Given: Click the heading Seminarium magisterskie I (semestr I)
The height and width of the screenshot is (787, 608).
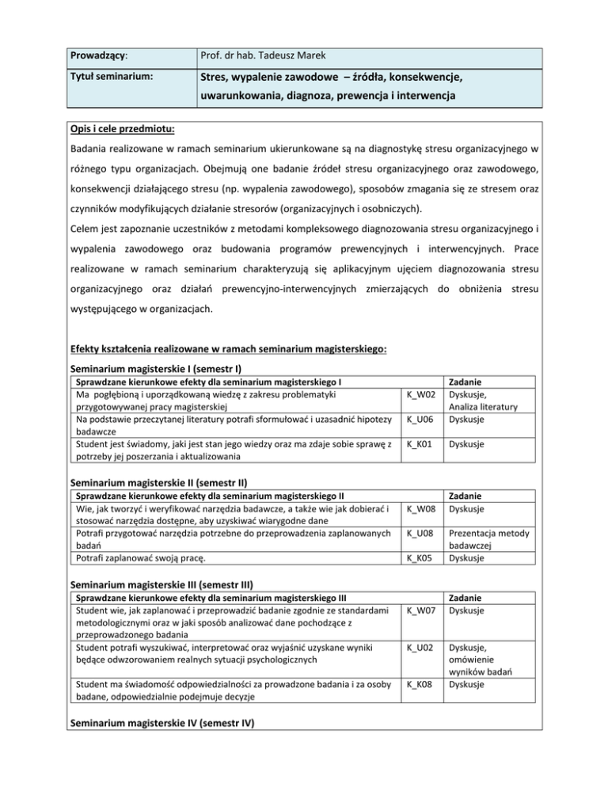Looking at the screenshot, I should [156, 368].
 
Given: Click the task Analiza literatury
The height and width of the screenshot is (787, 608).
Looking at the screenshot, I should [483, 406].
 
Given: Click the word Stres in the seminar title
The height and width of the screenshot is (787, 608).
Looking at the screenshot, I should [214, 78].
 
